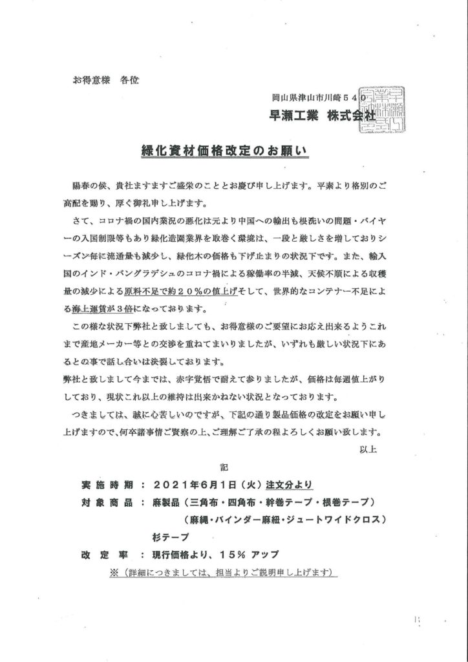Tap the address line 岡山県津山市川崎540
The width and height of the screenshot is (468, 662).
coord(319,98)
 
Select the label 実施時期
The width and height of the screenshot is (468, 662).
coord(107,484)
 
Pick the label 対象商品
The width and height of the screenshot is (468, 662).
coord(107,502)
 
